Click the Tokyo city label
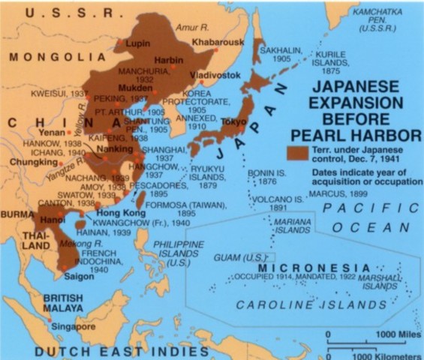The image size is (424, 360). click(x=235, y=121)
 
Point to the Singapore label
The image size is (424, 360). click(x=74, y=327)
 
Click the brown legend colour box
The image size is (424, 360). click(x=296, y=151)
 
